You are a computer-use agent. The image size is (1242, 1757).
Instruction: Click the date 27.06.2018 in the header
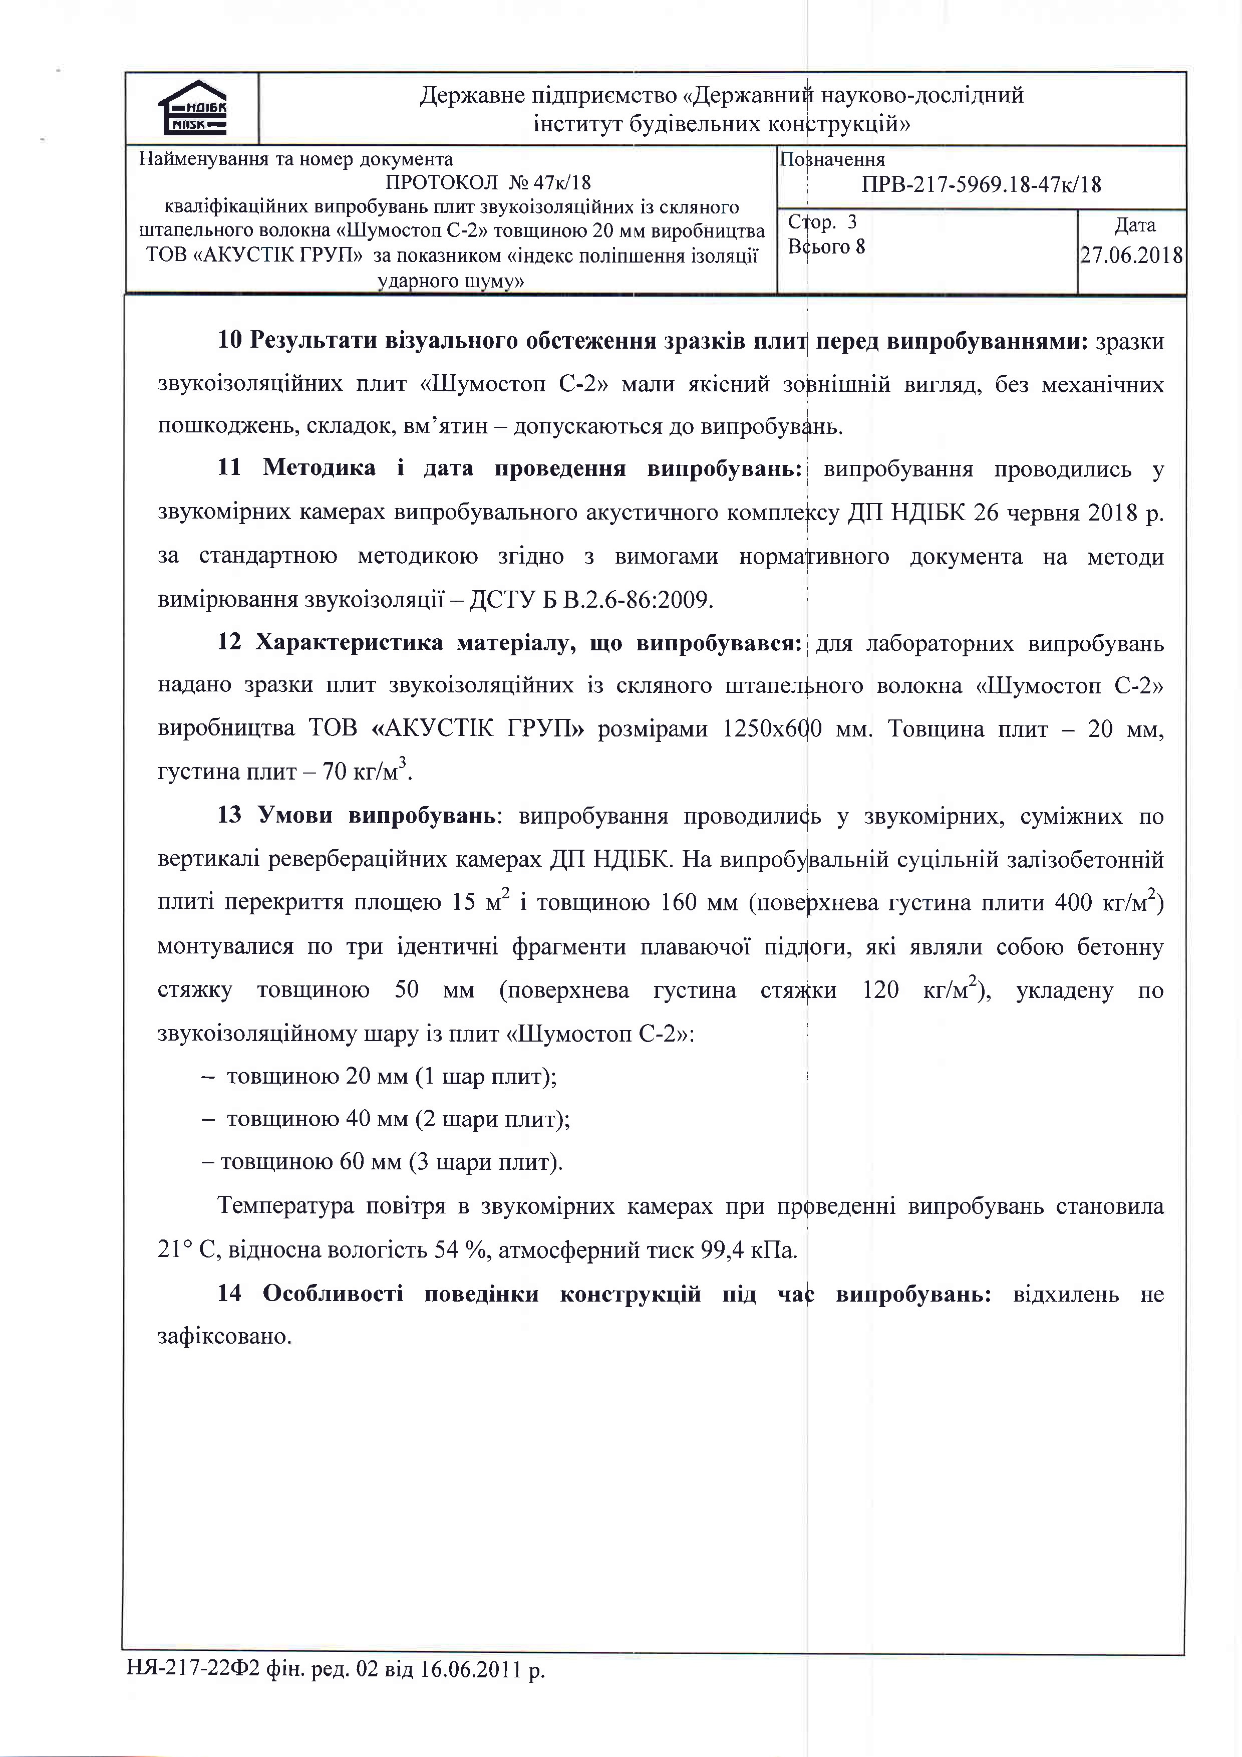click(x=1131, y=255)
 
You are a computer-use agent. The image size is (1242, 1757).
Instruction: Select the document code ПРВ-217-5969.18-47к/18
click(x=981, y=184)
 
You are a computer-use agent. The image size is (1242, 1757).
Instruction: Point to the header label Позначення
click(x=832, y=159)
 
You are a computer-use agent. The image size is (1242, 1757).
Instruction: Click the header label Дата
click(x=1135, y=225)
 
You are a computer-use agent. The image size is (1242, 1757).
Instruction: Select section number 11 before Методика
click(x=229, y=467)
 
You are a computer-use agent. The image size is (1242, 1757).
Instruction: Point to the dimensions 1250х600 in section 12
click(x=772, y=728)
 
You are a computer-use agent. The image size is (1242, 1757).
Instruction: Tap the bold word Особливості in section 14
click(x=333, y=1294)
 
